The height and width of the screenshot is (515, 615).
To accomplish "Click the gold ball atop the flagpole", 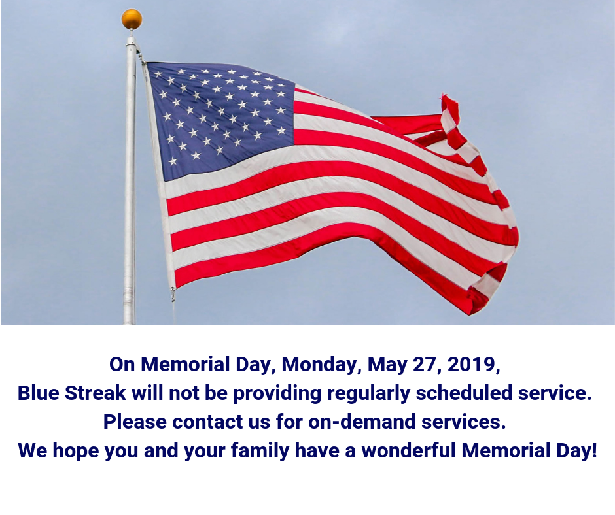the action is click(x=132, y=19).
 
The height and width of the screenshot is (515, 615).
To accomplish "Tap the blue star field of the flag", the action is click(x=220, y=120).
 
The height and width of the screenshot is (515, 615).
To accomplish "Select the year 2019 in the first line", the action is click(x=472, y=364).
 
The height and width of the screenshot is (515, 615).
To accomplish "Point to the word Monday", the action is click(x=319, y=365).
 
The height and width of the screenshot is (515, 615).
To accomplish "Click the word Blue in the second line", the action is click(x=38, y=393).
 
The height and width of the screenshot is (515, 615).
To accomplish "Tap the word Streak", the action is click(x=96, y=393).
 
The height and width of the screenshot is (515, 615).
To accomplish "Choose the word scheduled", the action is click(x=464, y=393).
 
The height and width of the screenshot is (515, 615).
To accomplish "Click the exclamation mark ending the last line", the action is click(x=595, y=450).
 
